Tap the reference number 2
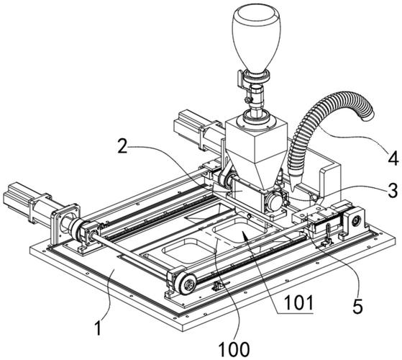(x=123, y=145)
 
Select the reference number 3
(x=392, y=191)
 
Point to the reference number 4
(x=393, y=158)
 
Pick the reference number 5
(x=358, y=307)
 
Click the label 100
(x=234, y=349)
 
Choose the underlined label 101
(x=299, y=303)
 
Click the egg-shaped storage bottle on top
(x=256, y=39)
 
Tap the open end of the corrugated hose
(x=367, y=112)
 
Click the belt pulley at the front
(x=187, y=284)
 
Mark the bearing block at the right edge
(x=353, y=222)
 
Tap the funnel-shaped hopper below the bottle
(x=256, y=153)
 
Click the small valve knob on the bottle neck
(x=247, y=99)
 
